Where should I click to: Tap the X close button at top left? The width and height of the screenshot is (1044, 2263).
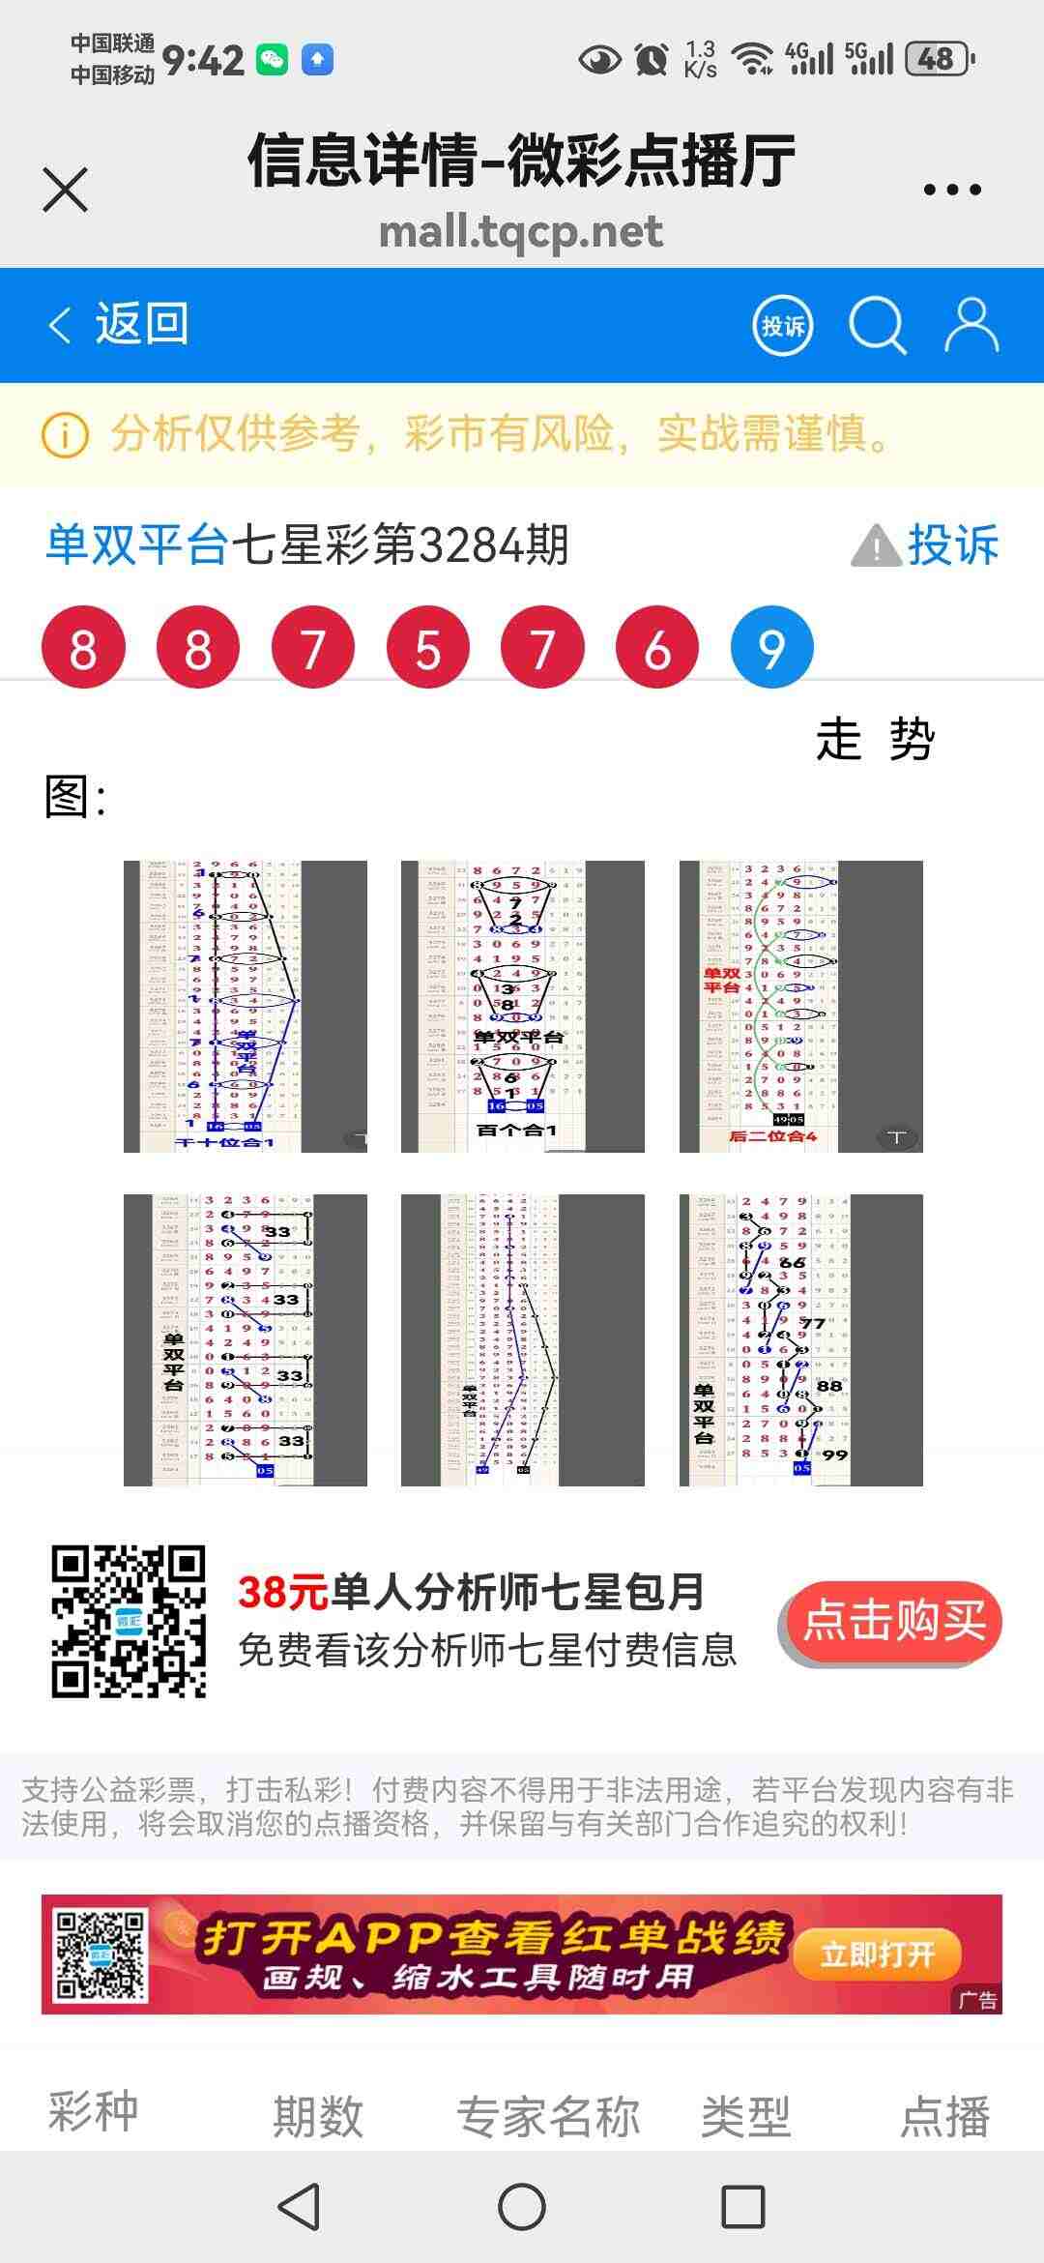click(x=66, y=189)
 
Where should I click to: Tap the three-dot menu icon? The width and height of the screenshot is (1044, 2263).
click(x=952, y=190)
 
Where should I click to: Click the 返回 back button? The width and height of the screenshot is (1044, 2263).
click(x=119, y=324)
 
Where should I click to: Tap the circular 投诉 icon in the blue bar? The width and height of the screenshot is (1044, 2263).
click(x=782, y=326)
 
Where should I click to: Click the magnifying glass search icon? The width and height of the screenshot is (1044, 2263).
click(x=877, y=326)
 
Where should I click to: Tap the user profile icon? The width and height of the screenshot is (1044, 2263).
click(x=971, y=325)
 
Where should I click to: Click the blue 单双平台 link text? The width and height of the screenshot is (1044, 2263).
click(x=137, y=545)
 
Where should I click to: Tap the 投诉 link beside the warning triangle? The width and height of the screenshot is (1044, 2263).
click(x=952, y=545)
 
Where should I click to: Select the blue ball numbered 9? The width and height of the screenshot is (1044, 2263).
click(x=771, y=648)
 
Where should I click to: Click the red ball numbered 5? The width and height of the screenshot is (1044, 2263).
click(x=427, y=648)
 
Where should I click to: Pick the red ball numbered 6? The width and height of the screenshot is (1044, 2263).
click(x=657, y=648)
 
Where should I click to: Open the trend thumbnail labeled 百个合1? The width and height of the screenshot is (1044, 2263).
click(x=522, y=1006)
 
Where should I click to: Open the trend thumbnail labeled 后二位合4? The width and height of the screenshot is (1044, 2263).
click(x=800, y=1006)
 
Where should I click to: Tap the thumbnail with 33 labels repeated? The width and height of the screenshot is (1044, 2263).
click(x=245, y=1339)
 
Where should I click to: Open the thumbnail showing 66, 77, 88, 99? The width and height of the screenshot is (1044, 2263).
click(x=800, y=1339)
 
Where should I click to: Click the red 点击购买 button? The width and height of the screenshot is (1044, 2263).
click(x=893, y=1621)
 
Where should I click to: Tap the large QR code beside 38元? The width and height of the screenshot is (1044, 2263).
click(x=129, y=1622)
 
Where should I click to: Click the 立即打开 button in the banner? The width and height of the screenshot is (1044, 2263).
click(x=877, y=1954)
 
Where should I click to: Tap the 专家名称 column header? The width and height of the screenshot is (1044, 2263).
click(x=548, y=2116)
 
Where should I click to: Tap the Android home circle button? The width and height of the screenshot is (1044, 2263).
click(x=522, y=2207)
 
